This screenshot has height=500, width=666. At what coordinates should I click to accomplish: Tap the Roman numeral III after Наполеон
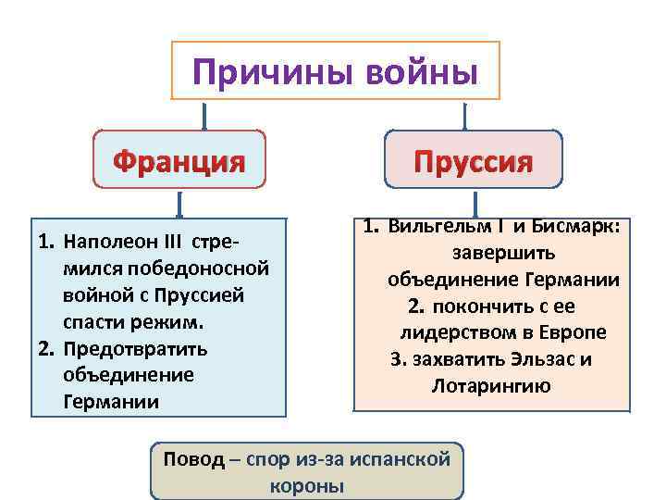pos(175,244)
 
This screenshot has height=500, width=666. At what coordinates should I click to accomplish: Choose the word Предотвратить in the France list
pos(135,349)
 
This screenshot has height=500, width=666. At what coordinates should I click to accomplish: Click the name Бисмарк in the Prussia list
pos(579,227)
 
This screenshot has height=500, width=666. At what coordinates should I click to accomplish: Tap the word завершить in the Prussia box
pos(491,253)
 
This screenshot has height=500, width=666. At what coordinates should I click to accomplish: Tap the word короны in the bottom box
pos(306,485)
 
